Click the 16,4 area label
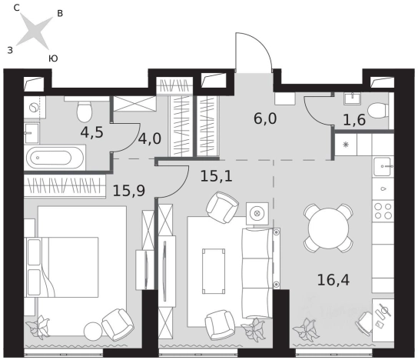333,280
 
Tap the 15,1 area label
216,176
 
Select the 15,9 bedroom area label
129,191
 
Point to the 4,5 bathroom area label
91,132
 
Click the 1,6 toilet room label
354,120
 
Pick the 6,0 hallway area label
265,118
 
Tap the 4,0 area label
150,138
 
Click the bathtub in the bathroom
55,158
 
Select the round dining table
328,228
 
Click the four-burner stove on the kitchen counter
383,211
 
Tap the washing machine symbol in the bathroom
34,107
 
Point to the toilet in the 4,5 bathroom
85,111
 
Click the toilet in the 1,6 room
377,111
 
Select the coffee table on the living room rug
214,271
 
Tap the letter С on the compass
17,8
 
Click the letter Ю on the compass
53,58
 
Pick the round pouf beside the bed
93,331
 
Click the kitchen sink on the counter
383,166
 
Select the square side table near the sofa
257,213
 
